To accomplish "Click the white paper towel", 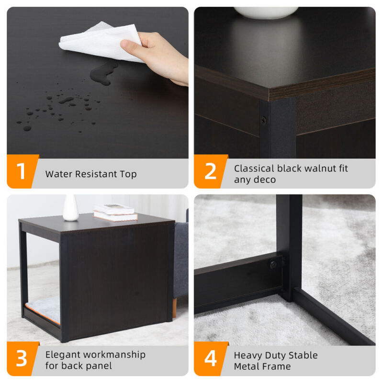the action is point(100,42).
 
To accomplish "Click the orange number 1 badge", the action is point(22,171).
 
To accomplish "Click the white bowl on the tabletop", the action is point(266,13).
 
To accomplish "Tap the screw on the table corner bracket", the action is point(263,120).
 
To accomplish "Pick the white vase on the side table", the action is point(70,208).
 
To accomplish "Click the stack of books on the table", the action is point(115,213).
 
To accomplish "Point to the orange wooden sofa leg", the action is point(174,308).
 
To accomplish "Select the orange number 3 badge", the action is point(22,359).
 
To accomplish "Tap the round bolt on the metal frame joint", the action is point(273,264).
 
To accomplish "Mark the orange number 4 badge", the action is point(210,359).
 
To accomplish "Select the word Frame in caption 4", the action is point(277,366).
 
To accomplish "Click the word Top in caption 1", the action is point(128,174).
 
